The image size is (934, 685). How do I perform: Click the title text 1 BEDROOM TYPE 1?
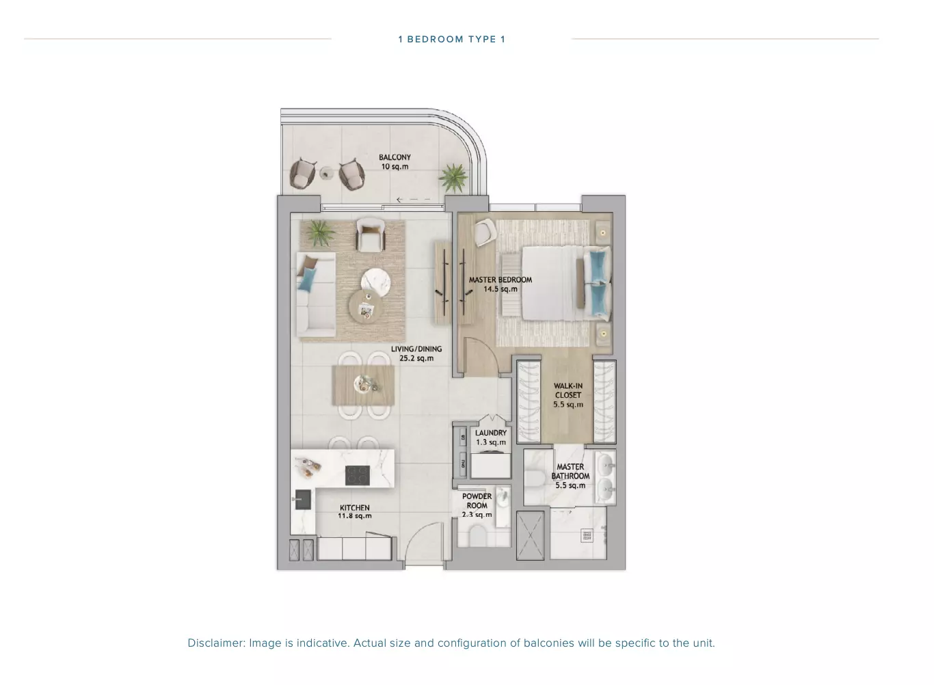(x=451, y=39)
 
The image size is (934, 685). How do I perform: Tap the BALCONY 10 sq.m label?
(x=395, y=162)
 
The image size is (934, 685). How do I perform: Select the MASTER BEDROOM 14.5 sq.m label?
(x=501, y=284)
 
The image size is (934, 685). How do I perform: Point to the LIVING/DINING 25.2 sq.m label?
(x=416, y=353)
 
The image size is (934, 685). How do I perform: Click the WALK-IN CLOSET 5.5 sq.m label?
(x=568, y=395)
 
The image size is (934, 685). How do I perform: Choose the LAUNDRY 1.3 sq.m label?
(x=491, y=438)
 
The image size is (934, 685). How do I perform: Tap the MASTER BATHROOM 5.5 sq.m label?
(x=570, y=476)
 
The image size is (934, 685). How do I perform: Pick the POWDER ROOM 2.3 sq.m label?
(x=477, y=505)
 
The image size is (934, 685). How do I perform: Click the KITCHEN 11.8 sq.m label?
(x=354, y=511)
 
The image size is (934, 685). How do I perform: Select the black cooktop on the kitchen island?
(x=358, y=475)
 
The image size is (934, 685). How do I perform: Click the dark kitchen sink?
(x=303, y=499)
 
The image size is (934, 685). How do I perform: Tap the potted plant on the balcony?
(x=453, y=177)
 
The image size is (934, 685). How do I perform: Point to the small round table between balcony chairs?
(x=326, y=172)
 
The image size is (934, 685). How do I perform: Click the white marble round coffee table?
(x=375, y=281)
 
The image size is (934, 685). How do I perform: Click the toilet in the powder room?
(x=478, y=535)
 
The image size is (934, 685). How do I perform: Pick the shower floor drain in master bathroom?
(x=587, y=536)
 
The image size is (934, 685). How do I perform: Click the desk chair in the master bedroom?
(x=485, y=232)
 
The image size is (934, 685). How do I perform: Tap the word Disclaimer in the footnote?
(x=216, y=643)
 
